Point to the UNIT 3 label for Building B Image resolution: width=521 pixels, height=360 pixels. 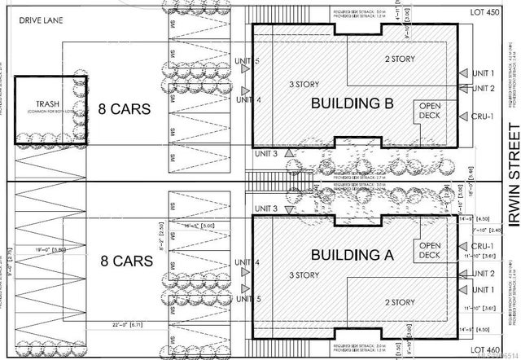click(x=265, y=154)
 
